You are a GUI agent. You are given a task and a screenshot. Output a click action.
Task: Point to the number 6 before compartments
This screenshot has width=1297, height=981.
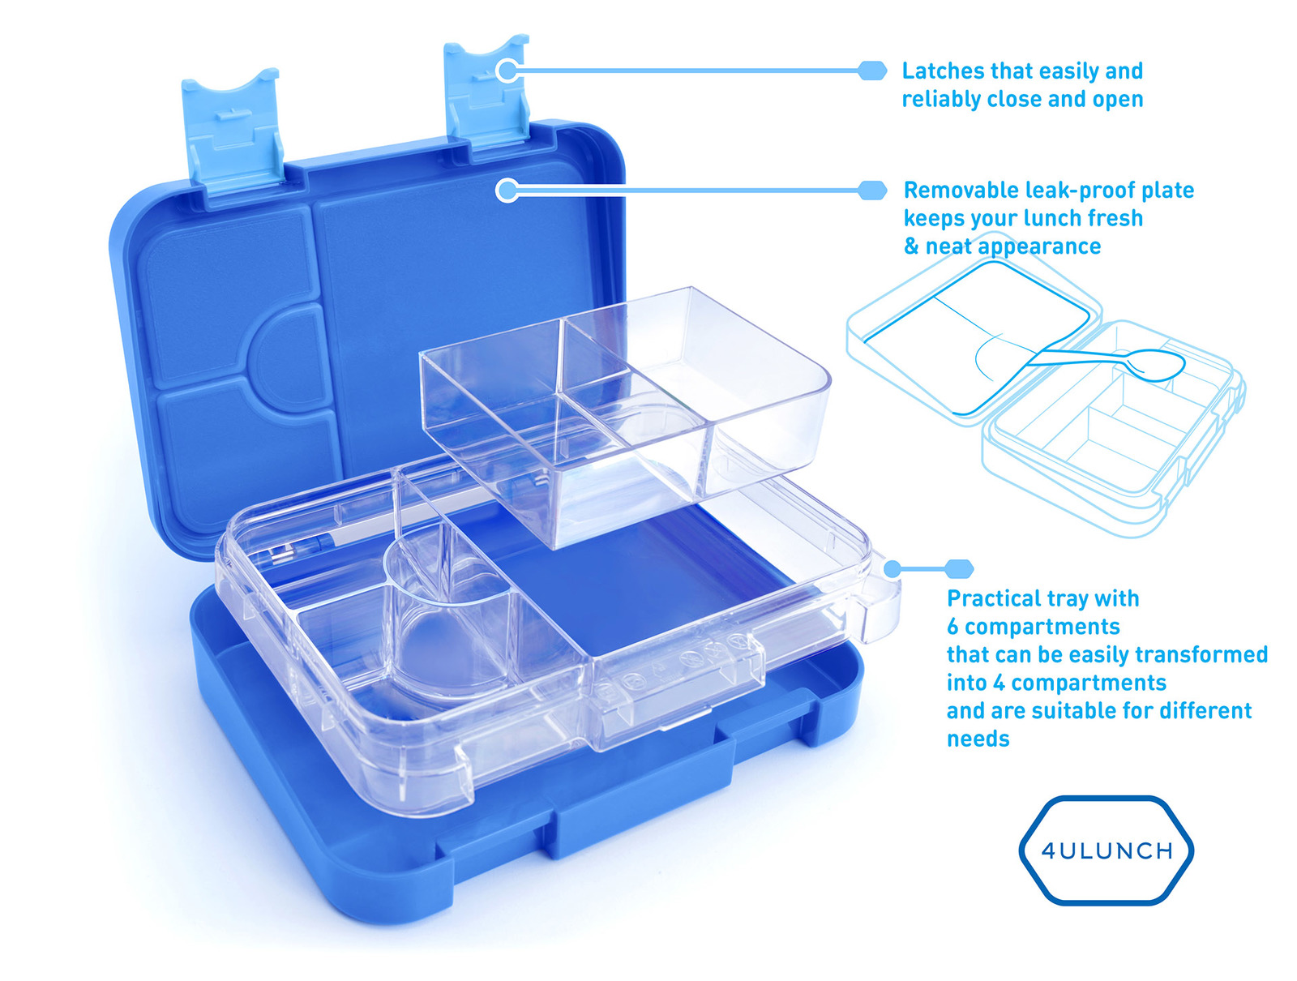pos(952,627)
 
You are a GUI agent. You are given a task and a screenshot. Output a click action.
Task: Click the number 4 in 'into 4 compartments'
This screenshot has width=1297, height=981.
pos(1000,683)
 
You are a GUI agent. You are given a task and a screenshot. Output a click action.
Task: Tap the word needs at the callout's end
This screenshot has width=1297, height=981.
pos(978,739)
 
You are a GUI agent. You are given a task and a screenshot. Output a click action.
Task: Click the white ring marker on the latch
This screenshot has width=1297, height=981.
pos(507,71)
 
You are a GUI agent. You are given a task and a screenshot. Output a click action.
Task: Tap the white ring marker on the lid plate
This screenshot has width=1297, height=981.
pos(507,191)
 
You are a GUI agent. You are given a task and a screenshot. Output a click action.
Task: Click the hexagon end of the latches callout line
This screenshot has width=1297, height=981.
pos(872,71)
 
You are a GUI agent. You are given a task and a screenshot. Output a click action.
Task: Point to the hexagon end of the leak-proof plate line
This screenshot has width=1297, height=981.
pos(872,191)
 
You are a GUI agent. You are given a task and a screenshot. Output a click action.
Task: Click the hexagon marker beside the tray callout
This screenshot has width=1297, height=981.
pos(958,569)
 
